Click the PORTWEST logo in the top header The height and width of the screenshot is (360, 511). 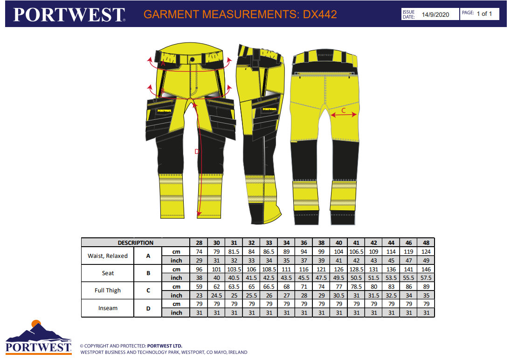click(x=69, y=14)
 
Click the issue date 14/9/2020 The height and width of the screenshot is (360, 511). click(x=435, y=14)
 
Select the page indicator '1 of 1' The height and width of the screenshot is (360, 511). click(x=484, y=14)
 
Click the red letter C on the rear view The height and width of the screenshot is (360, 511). click(x=344, y=111)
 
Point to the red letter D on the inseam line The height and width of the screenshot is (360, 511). click(x=197, y=151)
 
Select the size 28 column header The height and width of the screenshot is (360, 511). click(x=199, y=242)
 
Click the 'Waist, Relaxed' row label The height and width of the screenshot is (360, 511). click(x=108, y=256)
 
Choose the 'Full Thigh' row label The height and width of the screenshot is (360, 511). click(x=108, y=291)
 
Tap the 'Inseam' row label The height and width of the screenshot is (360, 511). click(x=108, y=308)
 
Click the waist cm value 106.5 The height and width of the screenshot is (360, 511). click(x=356, y=251)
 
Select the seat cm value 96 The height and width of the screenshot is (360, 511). click(x=199, y=269)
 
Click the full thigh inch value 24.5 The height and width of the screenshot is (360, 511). click(x=216, y=295)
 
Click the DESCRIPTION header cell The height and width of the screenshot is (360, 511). click(x=135, y=242)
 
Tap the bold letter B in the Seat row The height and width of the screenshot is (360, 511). click(x=148, y=273)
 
